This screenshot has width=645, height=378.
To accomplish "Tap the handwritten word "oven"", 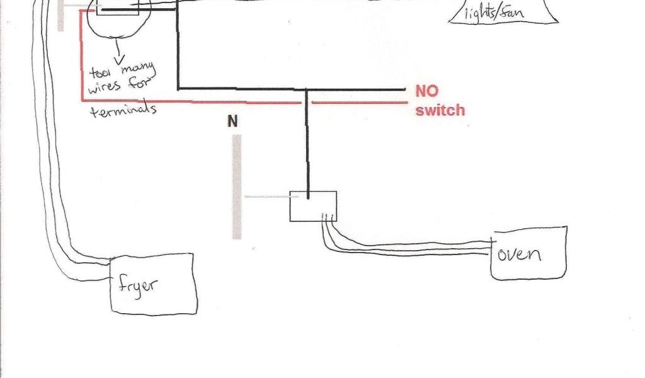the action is pos(519,254).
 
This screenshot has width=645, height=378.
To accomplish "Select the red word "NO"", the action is pos(426,91).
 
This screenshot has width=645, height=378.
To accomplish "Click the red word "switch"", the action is pos(440,110).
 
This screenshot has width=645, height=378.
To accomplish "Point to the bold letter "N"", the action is pos(233,122).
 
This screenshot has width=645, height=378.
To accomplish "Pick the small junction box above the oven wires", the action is pos(313,206).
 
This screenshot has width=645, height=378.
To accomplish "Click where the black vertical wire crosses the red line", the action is pos(307,102).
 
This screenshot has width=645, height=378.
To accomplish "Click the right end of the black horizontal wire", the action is pos(403,89).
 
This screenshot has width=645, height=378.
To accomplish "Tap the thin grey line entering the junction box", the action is pos(267,196).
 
